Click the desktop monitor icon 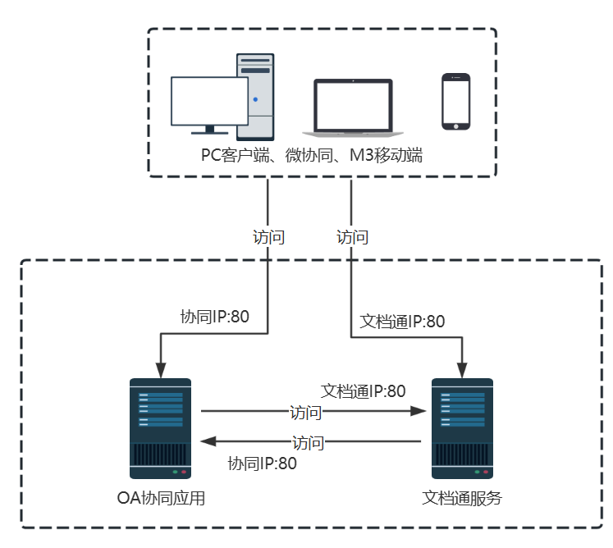(209, 103)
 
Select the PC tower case (255, 96)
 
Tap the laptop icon (353, 107)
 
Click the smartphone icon (455, 102)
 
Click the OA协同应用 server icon (160, 427)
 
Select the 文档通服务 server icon (463, 427)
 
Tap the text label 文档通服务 (462, 498)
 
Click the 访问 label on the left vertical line (269, 238)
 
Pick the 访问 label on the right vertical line (353, 238)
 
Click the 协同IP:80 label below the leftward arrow (262, 464)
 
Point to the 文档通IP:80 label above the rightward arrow (363, 391)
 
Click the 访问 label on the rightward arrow (306, 411)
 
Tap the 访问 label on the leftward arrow (309, 442)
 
